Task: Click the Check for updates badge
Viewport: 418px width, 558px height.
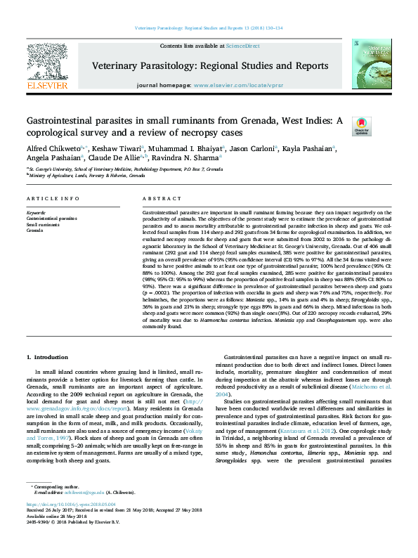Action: [362, 127]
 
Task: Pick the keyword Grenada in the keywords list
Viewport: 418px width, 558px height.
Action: [35, 230]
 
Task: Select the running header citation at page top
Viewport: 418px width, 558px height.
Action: [209, 28]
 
